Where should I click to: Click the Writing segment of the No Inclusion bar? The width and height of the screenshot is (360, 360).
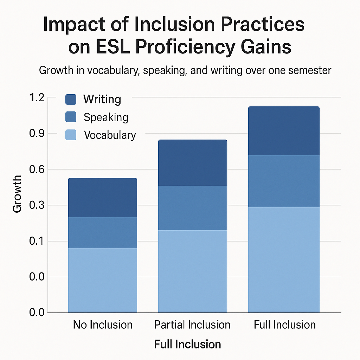[x=102, y=198]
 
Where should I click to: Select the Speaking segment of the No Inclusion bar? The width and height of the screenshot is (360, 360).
[x=102, y=232]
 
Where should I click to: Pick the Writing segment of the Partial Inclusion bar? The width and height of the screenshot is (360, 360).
[x=192, y=162]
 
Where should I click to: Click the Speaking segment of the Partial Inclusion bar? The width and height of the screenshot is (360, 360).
[x=192, y=207]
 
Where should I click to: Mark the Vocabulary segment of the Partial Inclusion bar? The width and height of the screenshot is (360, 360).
[x=192, y=271]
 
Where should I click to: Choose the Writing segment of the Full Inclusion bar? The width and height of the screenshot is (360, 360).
[x=284, y=131]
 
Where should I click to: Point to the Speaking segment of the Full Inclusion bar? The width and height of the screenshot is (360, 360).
[x=284, y=181]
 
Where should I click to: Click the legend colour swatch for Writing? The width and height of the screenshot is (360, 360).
[x=71, y=99]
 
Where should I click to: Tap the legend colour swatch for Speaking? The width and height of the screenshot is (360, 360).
[x=71, y=117]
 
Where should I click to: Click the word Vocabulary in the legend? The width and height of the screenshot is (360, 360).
[x=110, y=135]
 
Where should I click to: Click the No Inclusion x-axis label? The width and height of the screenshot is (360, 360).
[x=103, y=324]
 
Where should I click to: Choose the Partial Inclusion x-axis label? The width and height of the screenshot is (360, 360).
[x=192, y=324]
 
